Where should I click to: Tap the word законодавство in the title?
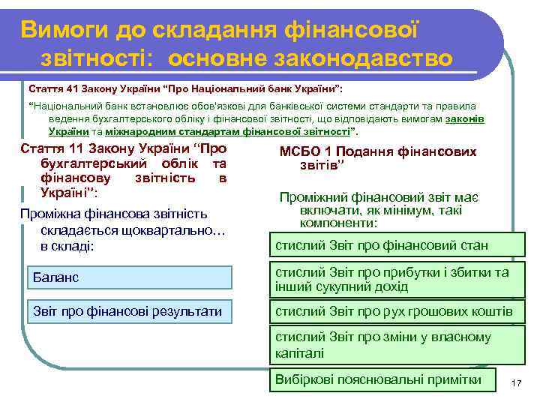click(x=376, y=58)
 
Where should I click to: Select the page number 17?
click(x=515, y=383)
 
